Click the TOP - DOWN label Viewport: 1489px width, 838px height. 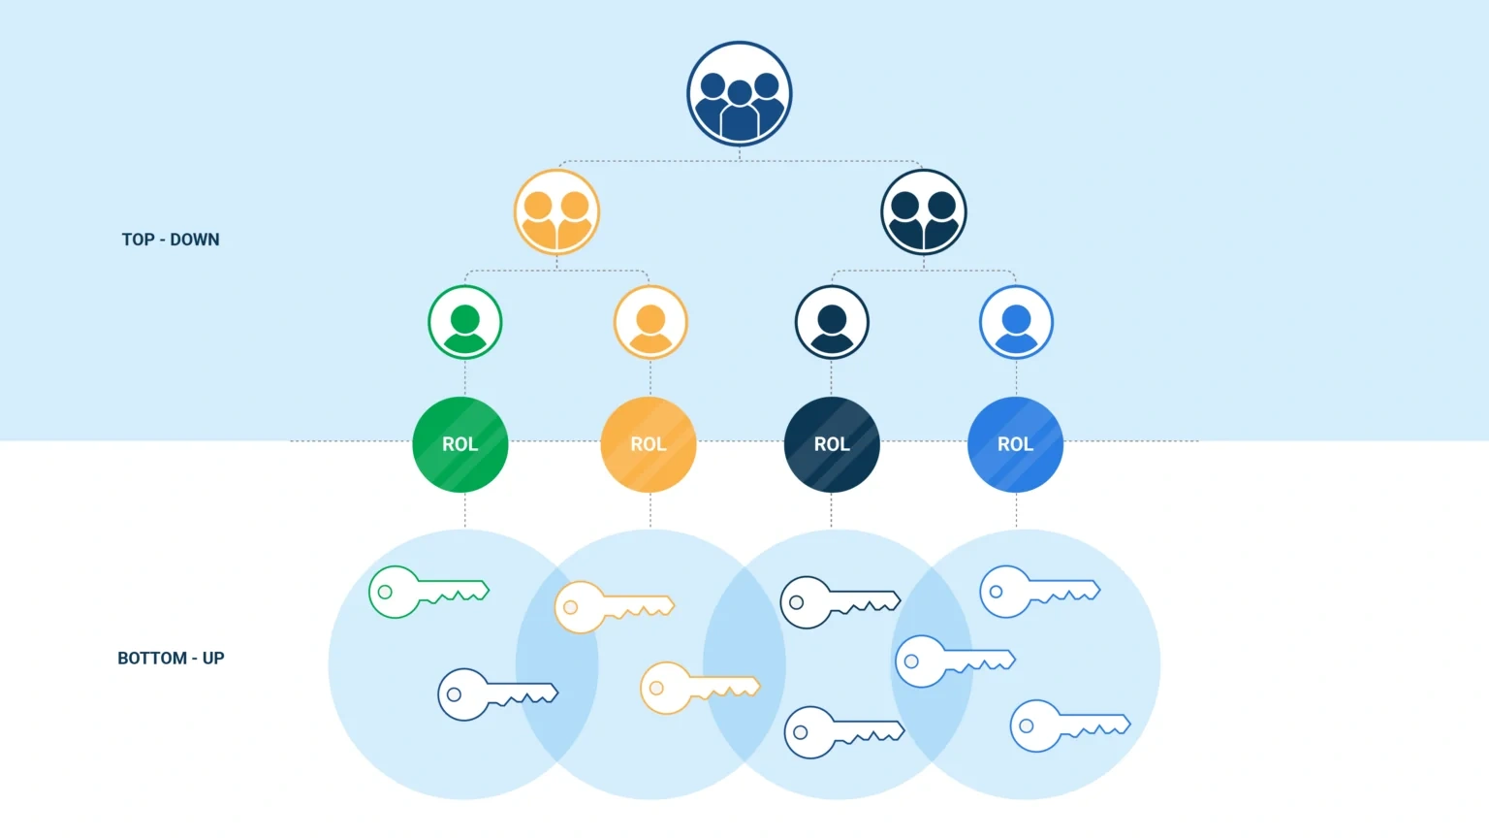pyautogui.click(x=171, y=240)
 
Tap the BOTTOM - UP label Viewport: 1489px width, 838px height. pyautogui.click(x=171, y=658)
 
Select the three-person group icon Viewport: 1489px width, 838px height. pyautogui.click(x=740, y=94)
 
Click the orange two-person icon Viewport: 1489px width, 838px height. pyautogui.click(x=556, y=212)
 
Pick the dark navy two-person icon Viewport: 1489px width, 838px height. pyautogui.click(x=924, y=212)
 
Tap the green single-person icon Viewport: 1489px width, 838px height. pyautogui.click(x=465, y=322)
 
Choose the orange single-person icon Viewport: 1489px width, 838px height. pyautogui.click(x=650, y=322)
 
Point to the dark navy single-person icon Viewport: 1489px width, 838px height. pyautogui.click(x=832, y=322)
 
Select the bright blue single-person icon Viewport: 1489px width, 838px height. pyautogui.click(x=1016, y=322)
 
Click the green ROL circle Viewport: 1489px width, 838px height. pyautogui.click(x=460, y=444)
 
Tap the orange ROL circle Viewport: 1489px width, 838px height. pyautogui.click(x=649, y=444)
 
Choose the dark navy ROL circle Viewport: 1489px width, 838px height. pyautogui.click(x=832, y=444)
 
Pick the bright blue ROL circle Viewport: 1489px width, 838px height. pyautogui.click(x=1015, y=444)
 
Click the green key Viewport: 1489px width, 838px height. pyautogui.click(x=427, y=592)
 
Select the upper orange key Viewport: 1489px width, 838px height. pyautogui.click(x=612, y=607)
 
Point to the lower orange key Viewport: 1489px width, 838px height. pyautogui.click(x=698, y=688)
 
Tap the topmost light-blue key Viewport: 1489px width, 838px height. pyautogui.click(x=1037, y=591)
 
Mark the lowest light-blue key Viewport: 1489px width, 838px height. pyautogui.click(x=1068, y=725)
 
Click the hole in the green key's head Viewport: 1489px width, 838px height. pyautogui.click(x=385, y=592)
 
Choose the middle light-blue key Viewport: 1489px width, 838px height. pyautogui.click(x=953, y=661)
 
